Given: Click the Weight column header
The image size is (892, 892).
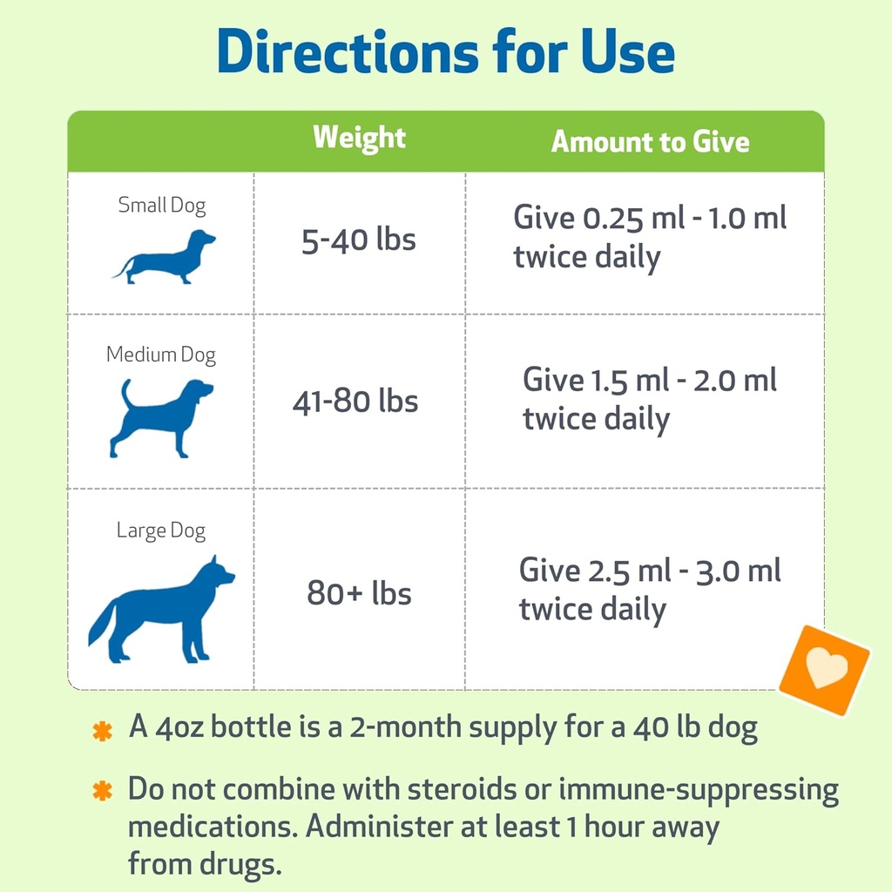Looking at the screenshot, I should pyautogui.click(x=359, y=138).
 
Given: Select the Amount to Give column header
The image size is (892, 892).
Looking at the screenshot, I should pyautogui.click(x=650, y=142).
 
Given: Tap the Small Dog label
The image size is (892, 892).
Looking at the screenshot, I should pyautogui.click(x=162, y=206).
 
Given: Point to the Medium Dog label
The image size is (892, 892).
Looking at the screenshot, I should pyautogui.click(x=161, y=355).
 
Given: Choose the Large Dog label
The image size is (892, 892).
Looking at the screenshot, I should pyautogui.click(x=161, y=530).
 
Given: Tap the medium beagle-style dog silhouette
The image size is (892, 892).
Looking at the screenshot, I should pyautogui.click(x=161, y=416).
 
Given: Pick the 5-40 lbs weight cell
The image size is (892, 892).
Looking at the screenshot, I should pyautogui.click(x=359, y=240).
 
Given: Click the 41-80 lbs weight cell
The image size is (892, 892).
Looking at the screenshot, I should pyautogui.click(x=355, y=402).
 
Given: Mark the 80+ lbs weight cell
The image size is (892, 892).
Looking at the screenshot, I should pyautogui.click(x=359, y=594).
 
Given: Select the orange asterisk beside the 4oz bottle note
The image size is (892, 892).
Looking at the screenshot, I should pyautogui.click(x=103, y=731).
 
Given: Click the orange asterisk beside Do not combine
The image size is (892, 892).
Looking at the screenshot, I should pyautogui.click(x=103, y=791).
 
